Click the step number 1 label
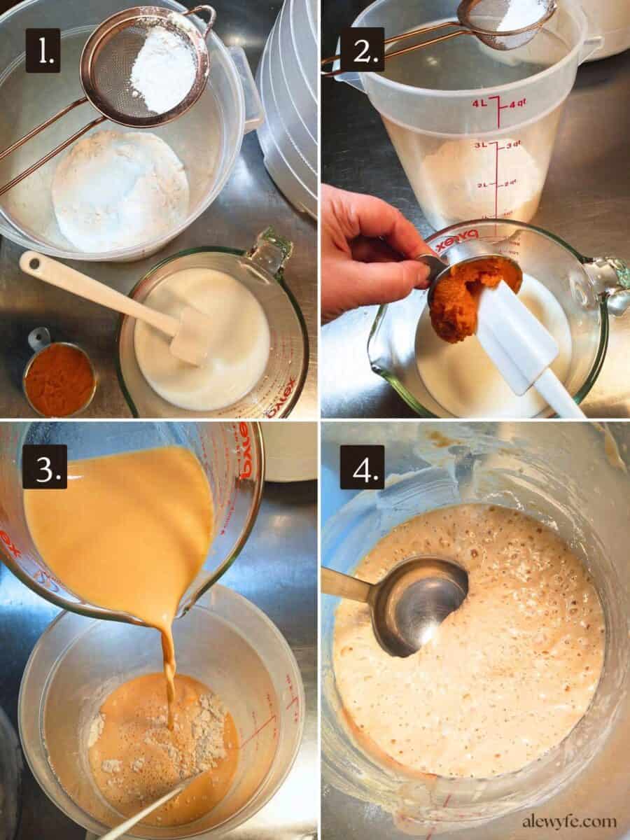click(x=43, y=50)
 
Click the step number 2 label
click(x=362, y=50)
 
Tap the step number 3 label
click(x=44, y=466)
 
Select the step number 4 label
click(x=362, y=466)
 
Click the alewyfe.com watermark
click(x=568, y=821)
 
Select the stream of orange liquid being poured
click(x=168, y=665)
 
